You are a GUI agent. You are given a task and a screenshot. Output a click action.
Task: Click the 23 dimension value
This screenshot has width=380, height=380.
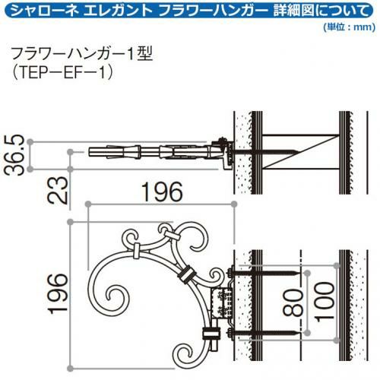pos(59,190)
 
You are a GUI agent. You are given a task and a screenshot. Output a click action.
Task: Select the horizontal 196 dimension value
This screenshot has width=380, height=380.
pos(162,192)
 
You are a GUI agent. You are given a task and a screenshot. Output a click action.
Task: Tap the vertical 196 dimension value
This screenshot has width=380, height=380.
pos(59,293)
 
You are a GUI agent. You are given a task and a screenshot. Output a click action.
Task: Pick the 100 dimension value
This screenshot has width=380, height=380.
pos(325,302)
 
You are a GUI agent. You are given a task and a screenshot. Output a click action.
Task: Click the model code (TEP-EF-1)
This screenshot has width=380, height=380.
pos(63,73)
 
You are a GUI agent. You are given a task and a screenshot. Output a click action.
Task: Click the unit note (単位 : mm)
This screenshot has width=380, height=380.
pos(349,27)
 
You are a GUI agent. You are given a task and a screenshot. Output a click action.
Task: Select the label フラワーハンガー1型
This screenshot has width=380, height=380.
pos(82,55)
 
